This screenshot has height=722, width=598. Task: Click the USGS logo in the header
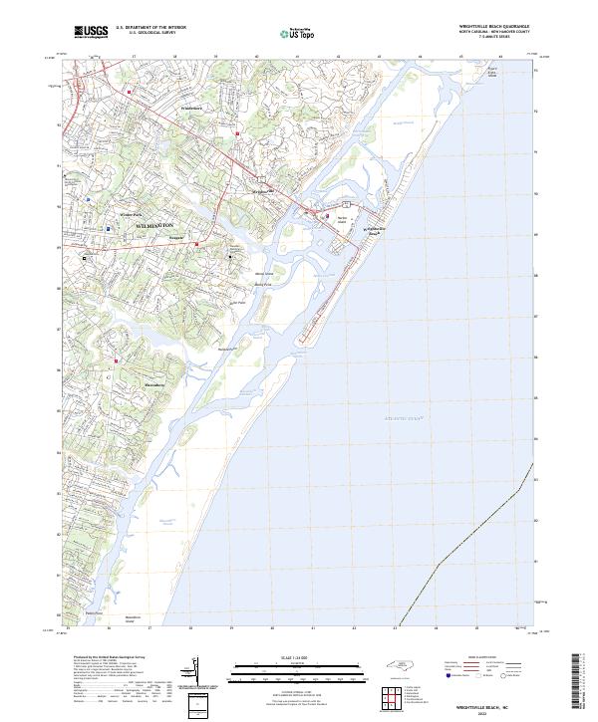point(91,32)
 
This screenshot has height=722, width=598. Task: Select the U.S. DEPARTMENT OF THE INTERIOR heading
point(150,28)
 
